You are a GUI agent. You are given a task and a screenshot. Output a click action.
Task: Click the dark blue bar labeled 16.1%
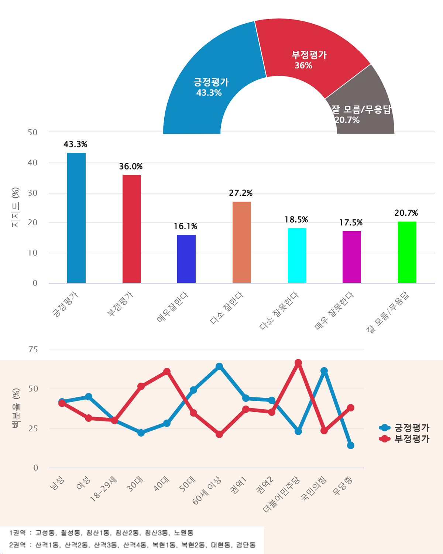tap(186, 259)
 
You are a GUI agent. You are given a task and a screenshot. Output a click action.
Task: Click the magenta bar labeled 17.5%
tap(352, 257)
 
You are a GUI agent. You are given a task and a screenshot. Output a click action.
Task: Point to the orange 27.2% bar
tap(242, 242)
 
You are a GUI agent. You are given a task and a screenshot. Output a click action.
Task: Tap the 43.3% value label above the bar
tap(75, 144)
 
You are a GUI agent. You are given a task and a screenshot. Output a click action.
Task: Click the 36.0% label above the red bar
tap(131, 167)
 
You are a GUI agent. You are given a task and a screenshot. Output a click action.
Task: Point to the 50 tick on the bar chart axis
tap(33, 132)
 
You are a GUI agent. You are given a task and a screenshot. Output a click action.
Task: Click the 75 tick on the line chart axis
tap(33, 349)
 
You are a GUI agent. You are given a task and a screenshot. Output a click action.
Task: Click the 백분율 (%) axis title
tap(16, 408)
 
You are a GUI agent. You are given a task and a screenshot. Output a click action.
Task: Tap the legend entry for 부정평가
tap(404, 439)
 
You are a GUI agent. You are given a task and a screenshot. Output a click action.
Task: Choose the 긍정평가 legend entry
tap(404, 428)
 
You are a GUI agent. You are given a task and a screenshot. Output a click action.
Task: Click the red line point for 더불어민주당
tap(298, 363)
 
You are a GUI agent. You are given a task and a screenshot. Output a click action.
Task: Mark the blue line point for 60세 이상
tap(219, 366)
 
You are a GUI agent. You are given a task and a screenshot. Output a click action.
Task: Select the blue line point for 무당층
tap(351, 445)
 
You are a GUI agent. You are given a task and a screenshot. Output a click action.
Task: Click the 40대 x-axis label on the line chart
tap(162, 483)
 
